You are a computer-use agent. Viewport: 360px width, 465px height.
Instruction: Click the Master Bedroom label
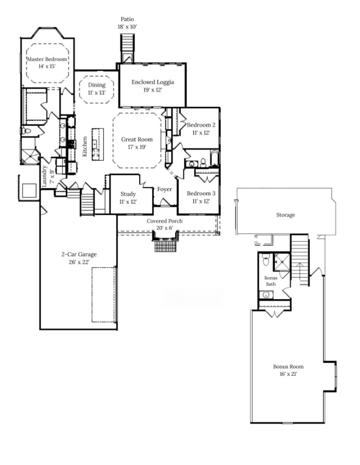pos(47,59)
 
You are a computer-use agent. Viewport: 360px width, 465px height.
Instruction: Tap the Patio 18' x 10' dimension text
pos(127,27)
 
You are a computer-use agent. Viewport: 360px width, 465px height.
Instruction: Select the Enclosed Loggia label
pos(153,82)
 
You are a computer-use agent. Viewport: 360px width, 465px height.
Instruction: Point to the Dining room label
pos(97,85)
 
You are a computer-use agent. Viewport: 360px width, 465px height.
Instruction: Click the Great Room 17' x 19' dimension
pos(137,147)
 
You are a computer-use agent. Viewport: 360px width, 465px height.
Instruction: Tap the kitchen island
pos(98,144)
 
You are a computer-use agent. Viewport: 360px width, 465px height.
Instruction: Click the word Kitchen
pos(85,146)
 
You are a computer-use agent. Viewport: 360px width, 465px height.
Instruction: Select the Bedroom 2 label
pos(201,125)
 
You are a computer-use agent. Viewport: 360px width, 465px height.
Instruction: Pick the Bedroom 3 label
pos(201,194)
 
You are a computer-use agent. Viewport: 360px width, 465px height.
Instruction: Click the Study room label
pos(128,194)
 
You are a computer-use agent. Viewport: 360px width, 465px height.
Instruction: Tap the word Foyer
pos(165,189)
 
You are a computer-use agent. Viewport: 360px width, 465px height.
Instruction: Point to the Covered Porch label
pos(165,221)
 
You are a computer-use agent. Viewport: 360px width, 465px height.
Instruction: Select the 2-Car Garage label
pos(79,254)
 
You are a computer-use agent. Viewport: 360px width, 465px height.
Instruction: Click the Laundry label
pos(44,176)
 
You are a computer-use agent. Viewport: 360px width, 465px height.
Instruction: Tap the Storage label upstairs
pos(286,215)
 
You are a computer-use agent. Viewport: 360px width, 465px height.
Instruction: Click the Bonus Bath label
pos(271,281)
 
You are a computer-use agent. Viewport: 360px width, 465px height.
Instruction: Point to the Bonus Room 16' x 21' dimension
pos(288,374)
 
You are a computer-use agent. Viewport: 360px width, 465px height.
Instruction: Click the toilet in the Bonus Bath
pos(265,261)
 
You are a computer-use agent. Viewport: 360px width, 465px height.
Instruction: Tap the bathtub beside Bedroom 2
pos(214,159)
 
